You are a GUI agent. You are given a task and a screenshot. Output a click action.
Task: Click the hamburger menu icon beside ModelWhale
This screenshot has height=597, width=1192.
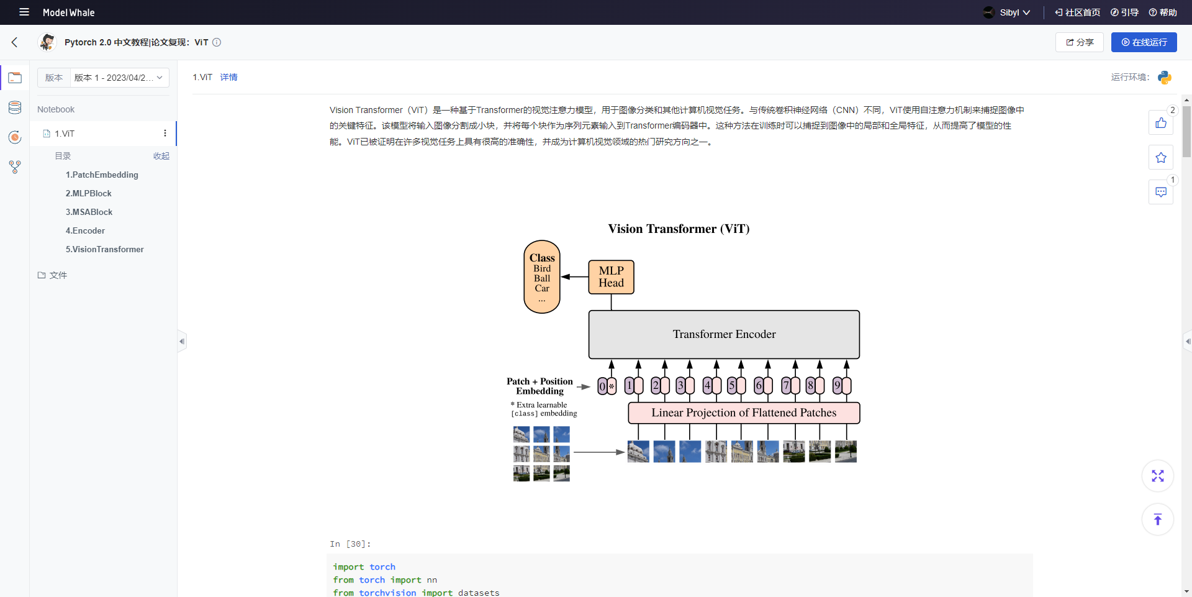(24, 12)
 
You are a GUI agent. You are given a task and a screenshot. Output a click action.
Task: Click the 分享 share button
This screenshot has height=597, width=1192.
(1080, 42)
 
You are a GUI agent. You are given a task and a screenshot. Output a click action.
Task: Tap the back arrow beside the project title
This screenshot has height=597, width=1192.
(15, 42)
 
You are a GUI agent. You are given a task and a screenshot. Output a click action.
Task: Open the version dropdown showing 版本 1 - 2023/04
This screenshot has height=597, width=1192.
(119, 78)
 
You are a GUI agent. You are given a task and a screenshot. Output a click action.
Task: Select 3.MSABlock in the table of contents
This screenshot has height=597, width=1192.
(89, 212)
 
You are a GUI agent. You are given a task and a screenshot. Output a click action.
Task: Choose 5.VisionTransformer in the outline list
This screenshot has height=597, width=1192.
(104, 249)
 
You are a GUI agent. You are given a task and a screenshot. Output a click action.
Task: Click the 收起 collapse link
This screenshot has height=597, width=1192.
(161, 156)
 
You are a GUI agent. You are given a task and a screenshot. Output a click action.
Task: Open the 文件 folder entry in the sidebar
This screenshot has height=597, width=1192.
(58, 275)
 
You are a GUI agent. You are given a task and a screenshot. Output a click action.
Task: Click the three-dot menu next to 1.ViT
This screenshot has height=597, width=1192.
(165, 134)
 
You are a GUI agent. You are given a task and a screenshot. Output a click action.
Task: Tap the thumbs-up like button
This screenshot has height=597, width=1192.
(1160, 123)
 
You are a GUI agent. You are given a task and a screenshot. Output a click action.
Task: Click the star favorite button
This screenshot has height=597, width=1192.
(1160, 158)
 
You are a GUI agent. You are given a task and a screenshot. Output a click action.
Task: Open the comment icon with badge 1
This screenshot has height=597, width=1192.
(1160, 193)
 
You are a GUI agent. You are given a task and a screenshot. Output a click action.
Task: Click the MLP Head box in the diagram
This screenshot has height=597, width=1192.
(611, 277)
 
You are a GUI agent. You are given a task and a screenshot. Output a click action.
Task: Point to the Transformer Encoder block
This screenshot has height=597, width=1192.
(724, 334)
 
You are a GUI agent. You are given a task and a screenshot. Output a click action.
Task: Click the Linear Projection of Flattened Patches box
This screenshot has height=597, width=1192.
(744, 412)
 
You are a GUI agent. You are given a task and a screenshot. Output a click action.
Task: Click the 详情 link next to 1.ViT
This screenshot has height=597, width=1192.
(228, 77)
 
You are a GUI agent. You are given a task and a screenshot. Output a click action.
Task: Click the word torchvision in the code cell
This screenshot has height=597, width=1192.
(387, 593)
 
